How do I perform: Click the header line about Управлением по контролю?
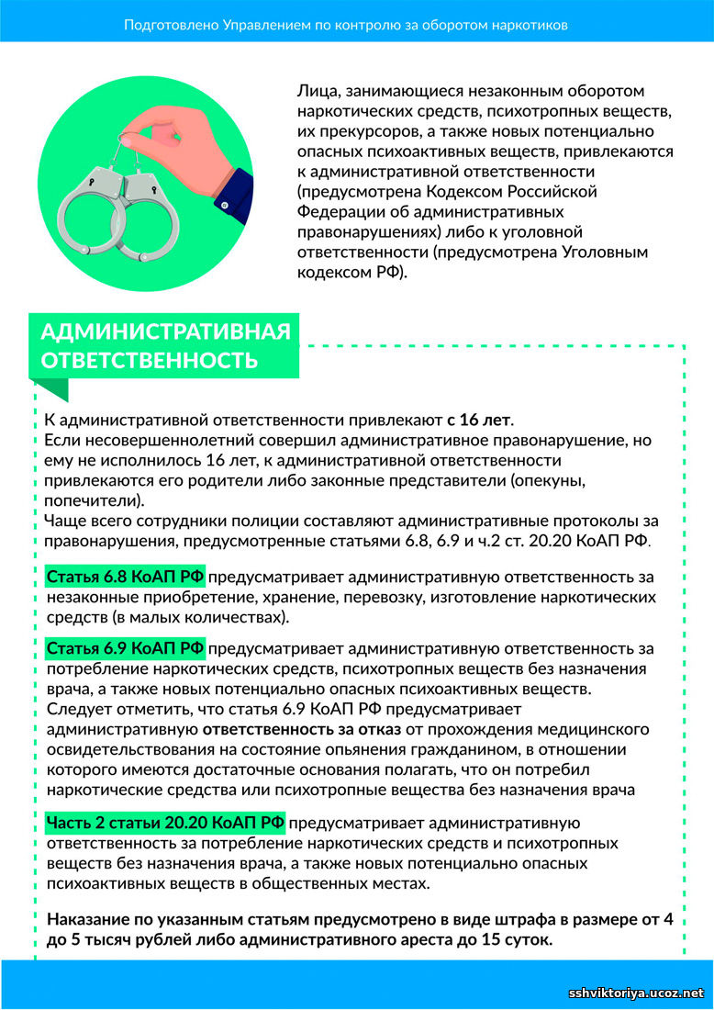[x=345, y=25]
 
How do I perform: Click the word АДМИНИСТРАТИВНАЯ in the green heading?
[x=166, y=331]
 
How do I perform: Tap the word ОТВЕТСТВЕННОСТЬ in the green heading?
[x=150, y=359]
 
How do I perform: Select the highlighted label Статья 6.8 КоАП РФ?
[x=126, y=577]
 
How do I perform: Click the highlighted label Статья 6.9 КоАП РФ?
[x=126, y=648]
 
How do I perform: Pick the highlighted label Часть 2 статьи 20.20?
[x=166, y=822]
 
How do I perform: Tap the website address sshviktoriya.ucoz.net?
[x=636, y=993]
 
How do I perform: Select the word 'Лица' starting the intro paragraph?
[x=314, y=92]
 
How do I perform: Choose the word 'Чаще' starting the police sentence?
[x=64, y=520]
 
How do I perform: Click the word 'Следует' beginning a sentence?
[x=75, y=709]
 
